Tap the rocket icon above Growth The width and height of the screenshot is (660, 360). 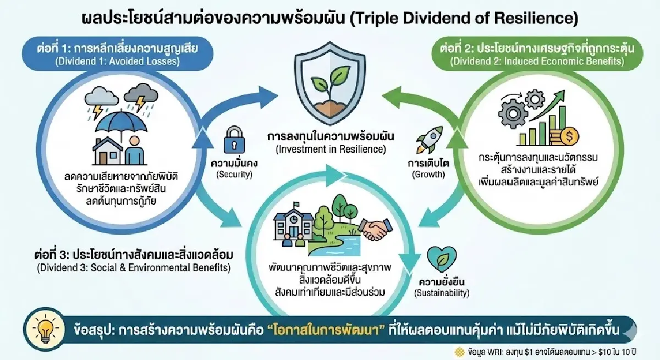pyautogui.click(x=426, y=140)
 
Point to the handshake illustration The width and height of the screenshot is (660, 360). pyautogui.click(x=377, y=227)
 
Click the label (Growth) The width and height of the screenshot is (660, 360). pyautogui.click(x=427, y=174)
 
